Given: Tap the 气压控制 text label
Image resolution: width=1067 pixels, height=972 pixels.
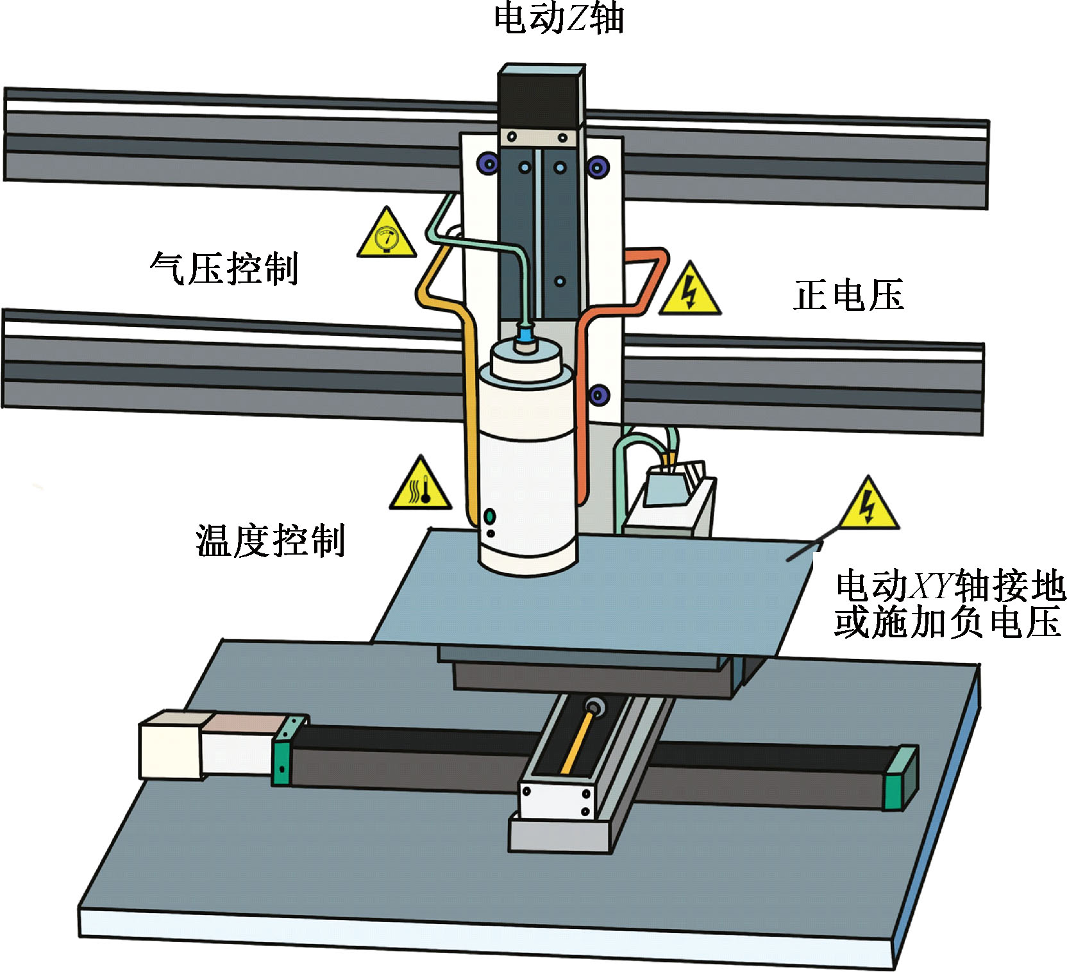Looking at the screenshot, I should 224,267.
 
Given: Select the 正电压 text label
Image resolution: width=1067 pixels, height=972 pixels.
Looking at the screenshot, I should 848,296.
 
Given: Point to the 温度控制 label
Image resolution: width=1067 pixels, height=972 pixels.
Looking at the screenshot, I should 270,540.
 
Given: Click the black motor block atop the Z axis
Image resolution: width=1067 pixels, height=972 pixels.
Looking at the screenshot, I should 540,96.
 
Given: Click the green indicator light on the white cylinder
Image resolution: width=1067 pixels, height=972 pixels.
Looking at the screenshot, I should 491,515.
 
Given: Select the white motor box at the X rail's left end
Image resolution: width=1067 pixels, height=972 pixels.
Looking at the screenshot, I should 172,745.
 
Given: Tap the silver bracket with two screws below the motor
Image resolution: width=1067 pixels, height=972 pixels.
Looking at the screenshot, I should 537,137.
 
